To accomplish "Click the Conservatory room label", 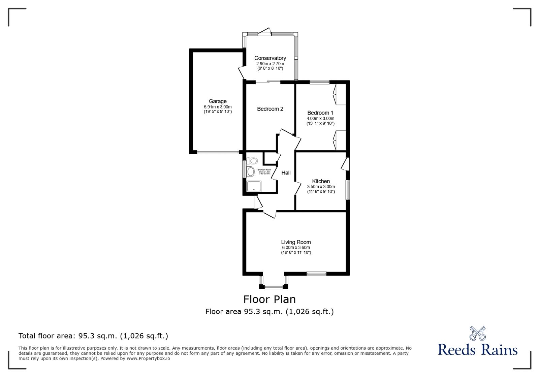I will point(270,58).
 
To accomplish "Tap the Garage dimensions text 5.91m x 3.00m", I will point(218,106).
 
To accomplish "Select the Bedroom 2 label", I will point(270,109).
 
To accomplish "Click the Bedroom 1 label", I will point(320,113).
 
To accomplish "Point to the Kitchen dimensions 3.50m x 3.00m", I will point(321,186).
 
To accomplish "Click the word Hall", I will point(286,172).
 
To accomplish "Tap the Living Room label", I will point(296,242).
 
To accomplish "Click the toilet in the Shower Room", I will point(251,161).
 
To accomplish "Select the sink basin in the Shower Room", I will point(251,172).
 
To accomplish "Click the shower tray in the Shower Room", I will point(254,186).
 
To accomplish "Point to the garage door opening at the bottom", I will point(218,153).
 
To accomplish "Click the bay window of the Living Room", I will point(274,286).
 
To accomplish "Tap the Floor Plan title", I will point(269,299).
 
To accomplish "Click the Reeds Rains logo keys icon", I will point(477,333).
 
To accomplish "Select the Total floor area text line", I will point(93,336).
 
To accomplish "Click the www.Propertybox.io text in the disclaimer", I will point(148,358).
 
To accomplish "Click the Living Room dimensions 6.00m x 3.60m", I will point(296,247).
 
